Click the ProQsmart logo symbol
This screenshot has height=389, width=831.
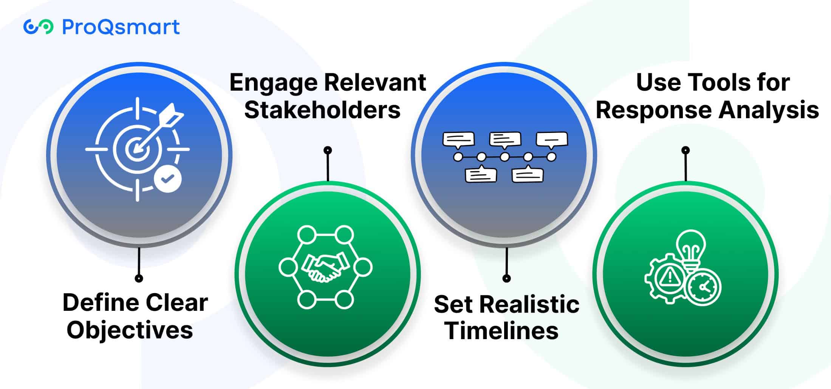coord(38,27)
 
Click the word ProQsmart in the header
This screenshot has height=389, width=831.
coord(121,27)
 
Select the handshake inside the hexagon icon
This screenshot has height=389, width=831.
coord(325,267)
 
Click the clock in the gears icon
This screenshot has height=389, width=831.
coord(704,287)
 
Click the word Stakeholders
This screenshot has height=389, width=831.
coord(322,110)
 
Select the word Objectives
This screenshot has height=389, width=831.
coord(130,330)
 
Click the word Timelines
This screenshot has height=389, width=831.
coord(502,331)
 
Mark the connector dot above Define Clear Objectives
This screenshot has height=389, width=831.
coord(139,278)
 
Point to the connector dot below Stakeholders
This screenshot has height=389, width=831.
coord(328,150)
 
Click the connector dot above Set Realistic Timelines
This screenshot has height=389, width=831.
coord(506,278)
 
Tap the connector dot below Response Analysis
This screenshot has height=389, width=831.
coord(686,150)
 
